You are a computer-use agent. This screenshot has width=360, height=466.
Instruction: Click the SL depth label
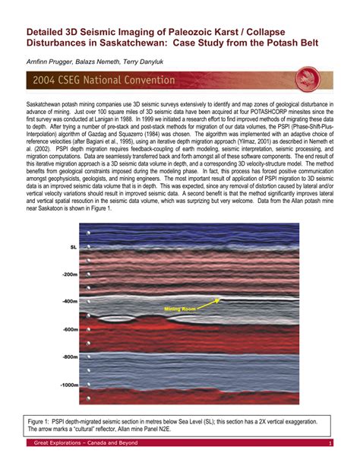click(73, 247)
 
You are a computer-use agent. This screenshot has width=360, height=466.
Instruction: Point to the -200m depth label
click(70, 274)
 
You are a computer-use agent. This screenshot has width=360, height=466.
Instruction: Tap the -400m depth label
click(70, 302)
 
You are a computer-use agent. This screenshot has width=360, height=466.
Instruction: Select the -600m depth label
click(70, 329)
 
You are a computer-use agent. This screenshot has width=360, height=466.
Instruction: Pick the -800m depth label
click(70, 357)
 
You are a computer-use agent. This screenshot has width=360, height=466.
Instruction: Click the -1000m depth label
click(68, 384)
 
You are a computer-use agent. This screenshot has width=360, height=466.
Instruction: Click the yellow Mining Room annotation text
click(180, 309)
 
